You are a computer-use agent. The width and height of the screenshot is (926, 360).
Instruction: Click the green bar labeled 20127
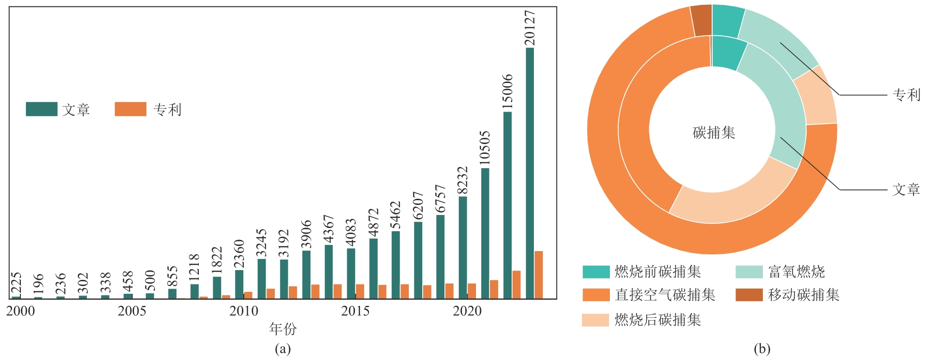click(530, 174)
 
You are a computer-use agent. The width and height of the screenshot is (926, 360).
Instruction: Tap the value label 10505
click(484, 148)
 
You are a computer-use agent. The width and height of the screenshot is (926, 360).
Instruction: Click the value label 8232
click(462, 180)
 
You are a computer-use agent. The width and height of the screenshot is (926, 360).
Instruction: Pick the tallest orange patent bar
click(539, 275)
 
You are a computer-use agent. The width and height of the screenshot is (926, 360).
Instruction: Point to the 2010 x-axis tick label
click(244, 311)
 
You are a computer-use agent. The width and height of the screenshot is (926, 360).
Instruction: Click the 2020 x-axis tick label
click(467, 311)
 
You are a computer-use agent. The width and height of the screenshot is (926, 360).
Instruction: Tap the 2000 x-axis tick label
click(20, 311)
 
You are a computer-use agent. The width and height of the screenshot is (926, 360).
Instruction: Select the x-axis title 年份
click(283, 329)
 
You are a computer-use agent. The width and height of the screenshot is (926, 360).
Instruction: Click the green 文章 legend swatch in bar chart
click(42, 109)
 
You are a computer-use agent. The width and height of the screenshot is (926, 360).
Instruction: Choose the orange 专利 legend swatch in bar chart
click(130, 109)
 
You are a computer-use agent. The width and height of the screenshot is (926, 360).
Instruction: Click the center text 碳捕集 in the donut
click(714, 133)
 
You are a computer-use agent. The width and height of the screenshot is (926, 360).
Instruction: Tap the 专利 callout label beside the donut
click(907, 95)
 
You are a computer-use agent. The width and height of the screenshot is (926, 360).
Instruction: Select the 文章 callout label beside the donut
click(906, 189)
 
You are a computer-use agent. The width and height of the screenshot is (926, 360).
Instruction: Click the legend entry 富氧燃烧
click(796, 272)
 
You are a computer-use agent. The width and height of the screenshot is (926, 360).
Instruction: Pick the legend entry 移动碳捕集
click(804, 295)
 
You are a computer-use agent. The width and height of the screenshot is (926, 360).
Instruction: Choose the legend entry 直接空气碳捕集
click(665, 295)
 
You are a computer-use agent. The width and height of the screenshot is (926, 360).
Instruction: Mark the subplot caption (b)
click(762, 348)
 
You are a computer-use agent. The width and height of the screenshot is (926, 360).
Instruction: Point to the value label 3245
click(261, 242)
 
